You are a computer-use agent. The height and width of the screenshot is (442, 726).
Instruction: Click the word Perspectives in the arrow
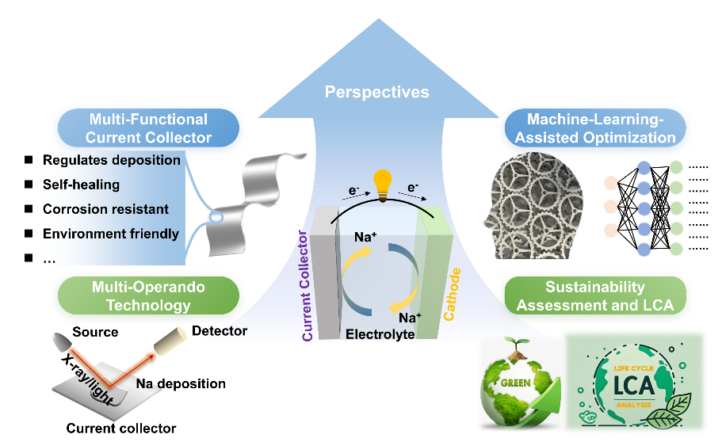(376, 93)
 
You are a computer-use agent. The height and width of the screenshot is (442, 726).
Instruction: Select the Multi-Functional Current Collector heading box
(149, 128)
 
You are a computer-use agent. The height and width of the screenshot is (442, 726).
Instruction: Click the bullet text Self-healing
(82, 185)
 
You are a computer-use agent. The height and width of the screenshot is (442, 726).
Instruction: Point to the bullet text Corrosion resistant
(105, 209)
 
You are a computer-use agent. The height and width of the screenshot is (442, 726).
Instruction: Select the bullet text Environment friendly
(110, 234)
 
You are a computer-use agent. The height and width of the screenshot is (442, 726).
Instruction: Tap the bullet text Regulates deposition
(111, 160)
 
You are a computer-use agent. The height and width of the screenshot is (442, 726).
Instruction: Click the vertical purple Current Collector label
(307, 286)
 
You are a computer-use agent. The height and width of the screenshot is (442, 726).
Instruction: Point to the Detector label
(220, 330)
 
